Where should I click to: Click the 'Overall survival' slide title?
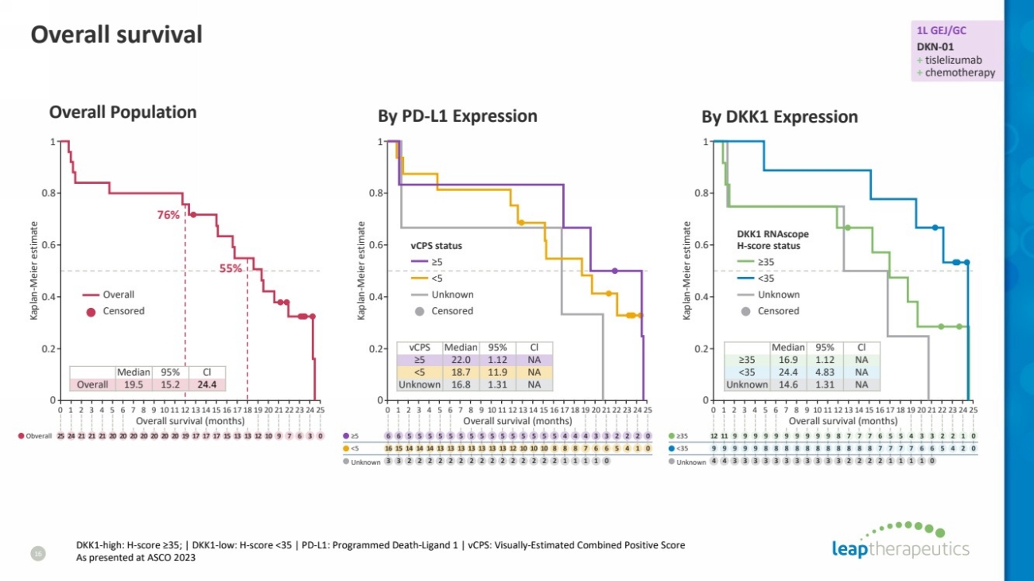[116, 35]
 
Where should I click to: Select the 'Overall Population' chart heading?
[122, 112]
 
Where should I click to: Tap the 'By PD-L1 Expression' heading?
[457, 116]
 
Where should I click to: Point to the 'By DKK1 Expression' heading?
[779, 117]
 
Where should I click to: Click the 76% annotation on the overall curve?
[168, 214]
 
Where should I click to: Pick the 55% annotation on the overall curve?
[231, 268]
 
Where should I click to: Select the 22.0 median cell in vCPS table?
[460, 360]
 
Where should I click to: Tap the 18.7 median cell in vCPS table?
[460, 372]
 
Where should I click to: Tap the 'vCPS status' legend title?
[437, 246]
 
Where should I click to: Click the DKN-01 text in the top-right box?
[935, 46]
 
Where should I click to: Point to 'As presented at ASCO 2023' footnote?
[136, 558]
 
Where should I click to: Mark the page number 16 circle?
[37, 552]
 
